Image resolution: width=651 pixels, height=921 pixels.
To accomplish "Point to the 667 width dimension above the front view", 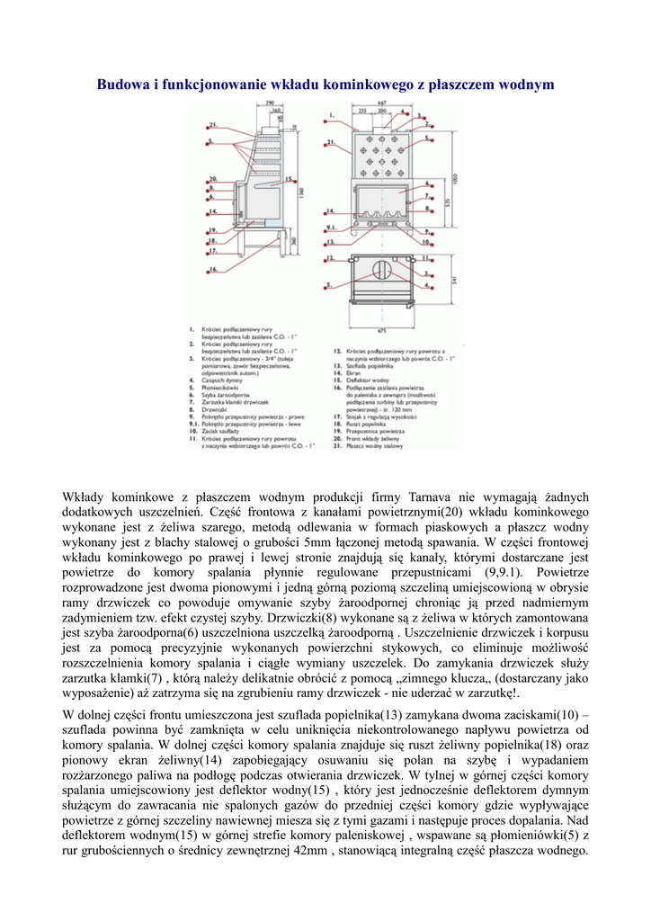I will click(381, 103).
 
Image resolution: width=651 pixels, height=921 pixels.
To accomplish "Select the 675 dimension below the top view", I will click(381, 332).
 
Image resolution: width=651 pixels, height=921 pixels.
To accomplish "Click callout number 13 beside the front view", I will click(331, 241).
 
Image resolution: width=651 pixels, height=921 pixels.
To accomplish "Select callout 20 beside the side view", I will click(213, 178).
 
